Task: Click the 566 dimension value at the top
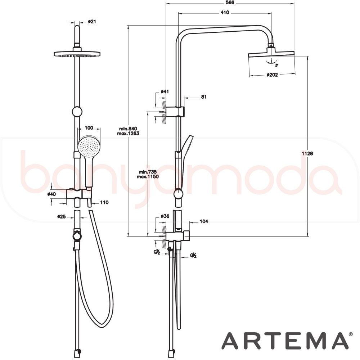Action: pos(230,3)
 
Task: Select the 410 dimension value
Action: pos(225,13)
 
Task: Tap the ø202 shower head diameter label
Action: pos(272,75)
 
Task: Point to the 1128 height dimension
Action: pos(307,153)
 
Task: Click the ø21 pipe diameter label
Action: pos(92,22)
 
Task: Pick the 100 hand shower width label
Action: pos(89,128)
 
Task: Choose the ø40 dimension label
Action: pos(51,194)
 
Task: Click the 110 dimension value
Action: pos(104,202)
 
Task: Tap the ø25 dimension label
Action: pos(62,216)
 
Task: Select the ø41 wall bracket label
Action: pos(165,91)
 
